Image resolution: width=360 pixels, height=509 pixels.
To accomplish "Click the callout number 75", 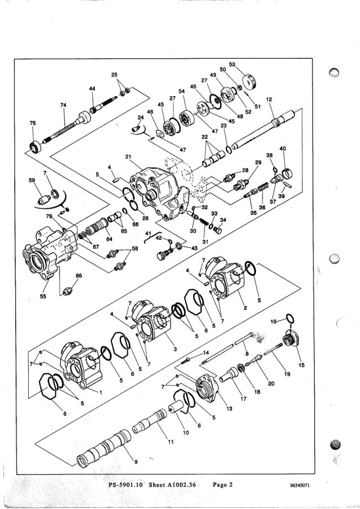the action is tap(32, 123).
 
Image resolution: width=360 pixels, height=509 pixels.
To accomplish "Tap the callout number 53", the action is tap(232, 64).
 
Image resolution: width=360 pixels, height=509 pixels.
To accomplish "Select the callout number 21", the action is tap(128, 157).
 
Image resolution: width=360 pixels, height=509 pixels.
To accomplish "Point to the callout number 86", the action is tap(79, 275).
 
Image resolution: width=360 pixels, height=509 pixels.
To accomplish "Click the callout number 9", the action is tap(136, 462).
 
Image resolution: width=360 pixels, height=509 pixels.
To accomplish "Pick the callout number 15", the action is tap(301, 365).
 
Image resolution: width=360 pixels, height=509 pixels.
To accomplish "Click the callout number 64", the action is tap(109, 239).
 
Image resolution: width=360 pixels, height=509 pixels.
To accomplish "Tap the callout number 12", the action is tap(269, 100).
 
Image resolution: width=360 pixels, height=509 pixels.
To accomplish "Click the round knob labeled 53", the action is tap(250, 82).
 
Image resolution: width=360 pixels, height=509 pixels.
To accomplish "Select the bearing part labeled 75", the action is tap(34, 147).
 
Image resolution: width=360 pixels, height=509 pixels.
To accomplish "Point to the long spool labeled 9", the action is tap(104, 448).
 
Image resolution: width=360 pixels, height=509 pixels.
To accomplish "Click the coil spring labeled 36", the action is tap(263, 188).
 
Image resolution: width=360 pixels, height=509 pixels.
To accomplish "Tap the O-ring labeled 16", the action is tap(290, 318).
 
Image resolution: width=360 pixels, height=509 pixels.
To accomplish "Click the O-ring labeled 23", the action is tap(229, 150).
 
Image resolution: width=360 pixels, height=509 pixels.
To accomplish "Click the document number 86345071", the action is tap(300, 486).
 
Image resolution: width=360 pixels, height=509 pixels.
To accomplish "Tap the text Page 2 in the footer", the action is tap(223, 485).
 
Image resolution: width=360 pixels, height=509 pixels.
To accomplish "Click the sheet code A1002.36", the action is tap(182, 485).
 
